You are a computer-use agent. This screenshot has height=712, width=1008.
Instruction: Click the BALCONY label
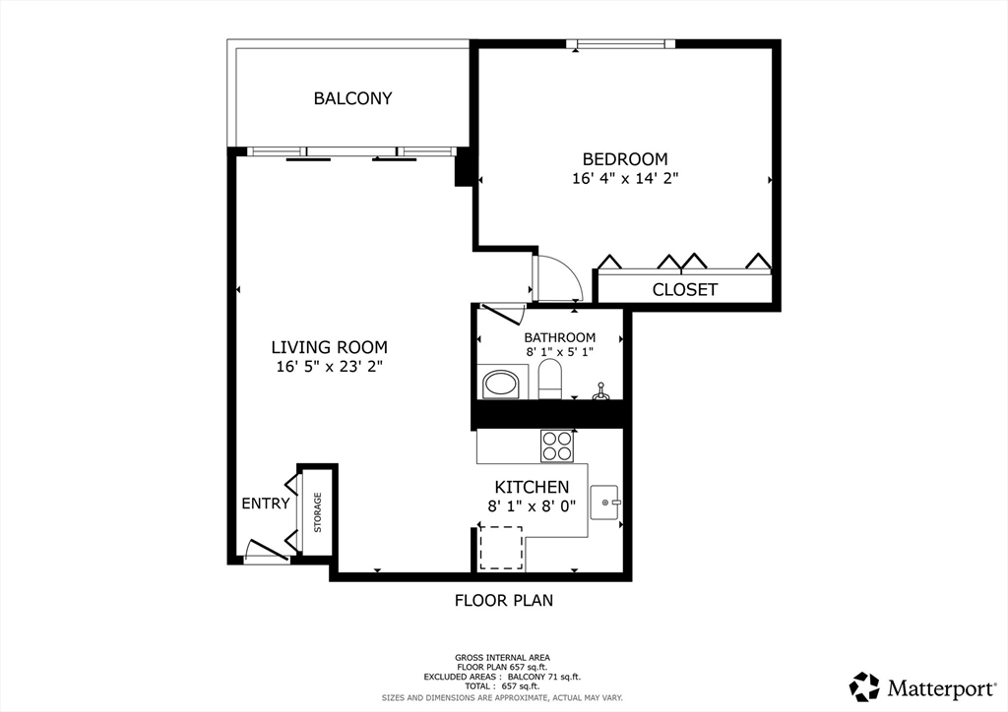pos(352,98)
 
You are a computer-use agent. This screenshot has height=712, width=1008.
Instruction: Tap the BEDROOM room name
pos(625,158)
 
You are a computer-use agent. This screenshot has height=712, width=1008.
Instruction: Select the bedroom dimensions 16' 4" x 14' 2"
pos(625,178)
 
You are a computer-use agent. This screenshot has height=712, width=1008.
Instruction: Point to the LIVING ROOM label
pos(329,347)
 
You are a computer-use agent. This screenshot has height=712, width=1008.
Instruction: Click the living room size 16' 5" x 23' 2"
pos(329,367)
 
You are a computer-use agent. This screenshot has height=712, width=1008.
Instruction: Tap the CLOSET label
pos(685,289)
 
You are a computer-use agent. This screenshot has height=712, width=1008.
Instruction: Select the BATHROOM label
pos(559,337)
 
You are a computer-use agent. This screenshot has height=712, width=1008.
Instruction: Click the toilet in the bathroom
pos(549,379)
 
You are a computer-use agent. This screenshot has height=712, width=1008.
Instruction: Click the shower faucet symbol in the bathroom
pos(600,391)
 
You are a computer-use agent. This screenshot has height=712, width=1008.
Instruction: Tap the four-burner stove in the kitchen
pos(557,445)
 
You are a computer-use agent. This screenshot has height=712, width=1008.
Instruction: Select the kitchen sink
pos(604,503)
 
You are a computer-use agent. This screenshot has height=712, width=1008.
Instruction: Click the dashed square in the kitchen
pos(501,548)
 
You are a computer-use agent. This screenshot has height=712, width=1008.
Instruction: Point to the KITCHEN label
pos(532,487)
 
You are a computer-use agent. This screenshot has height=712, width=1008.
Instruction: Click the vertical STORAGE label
pos(318,512)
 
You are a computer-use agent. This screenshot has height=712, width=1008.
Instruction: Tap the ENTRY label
pos(266,504)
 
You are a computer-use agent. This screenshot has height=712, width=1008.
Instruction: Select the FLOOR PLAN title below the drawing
pos(504,600)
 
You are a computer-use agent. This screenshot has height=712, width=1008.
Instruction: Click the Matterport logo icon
pos(864,687)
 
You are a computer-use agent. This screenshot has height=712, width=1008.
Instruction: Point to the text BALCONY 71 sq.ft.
pos(543,677)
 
